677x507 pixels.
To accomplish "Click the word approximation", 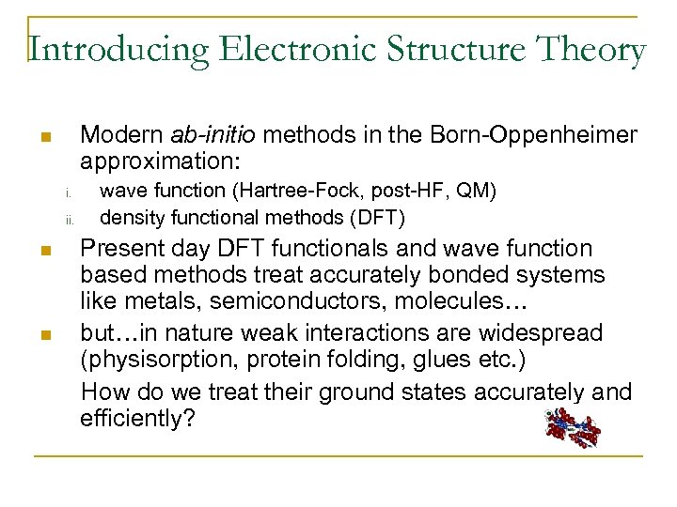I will click(159, 159).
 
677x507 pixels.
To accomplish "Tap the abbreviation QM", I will click(475, 192).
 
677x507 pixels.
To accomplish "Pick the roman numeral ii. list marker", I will click(70, 222).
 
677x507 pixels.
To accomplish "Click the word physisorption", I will click(155, 361).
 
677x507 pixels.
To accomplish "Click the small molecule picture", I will click(572, 428).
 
